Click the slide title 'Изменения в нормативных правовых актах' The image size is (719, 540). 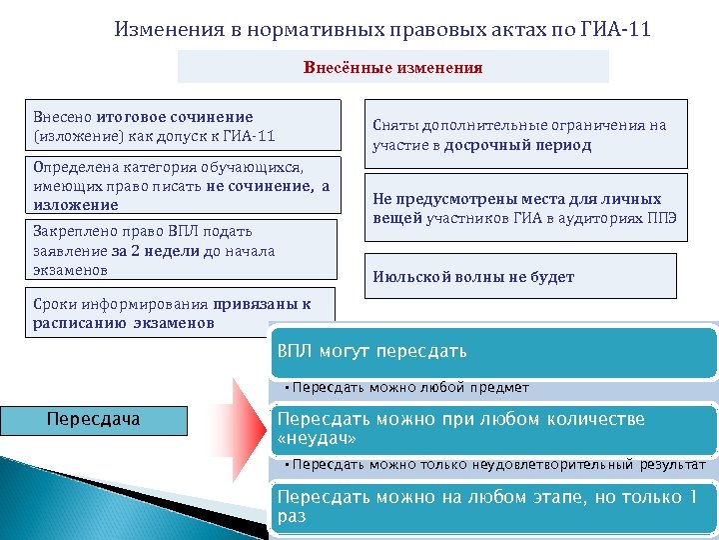click(330, 29)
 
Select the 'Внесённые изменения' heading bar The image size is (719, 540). click(392, 68)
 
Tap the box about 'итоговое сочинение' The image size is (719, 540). click(181, 126)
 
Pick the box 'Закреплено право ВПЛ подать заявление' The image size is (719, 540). click(181, 250)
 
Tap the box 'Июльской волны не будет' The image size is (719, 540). click(519, 277)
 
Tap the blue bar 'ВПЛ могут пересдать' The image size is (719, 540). click(494, 352)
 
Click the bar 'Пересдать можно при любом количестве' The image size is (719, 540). click(494, 429)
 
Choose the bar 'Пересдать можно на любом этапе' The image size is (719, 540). click(494, 506)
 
